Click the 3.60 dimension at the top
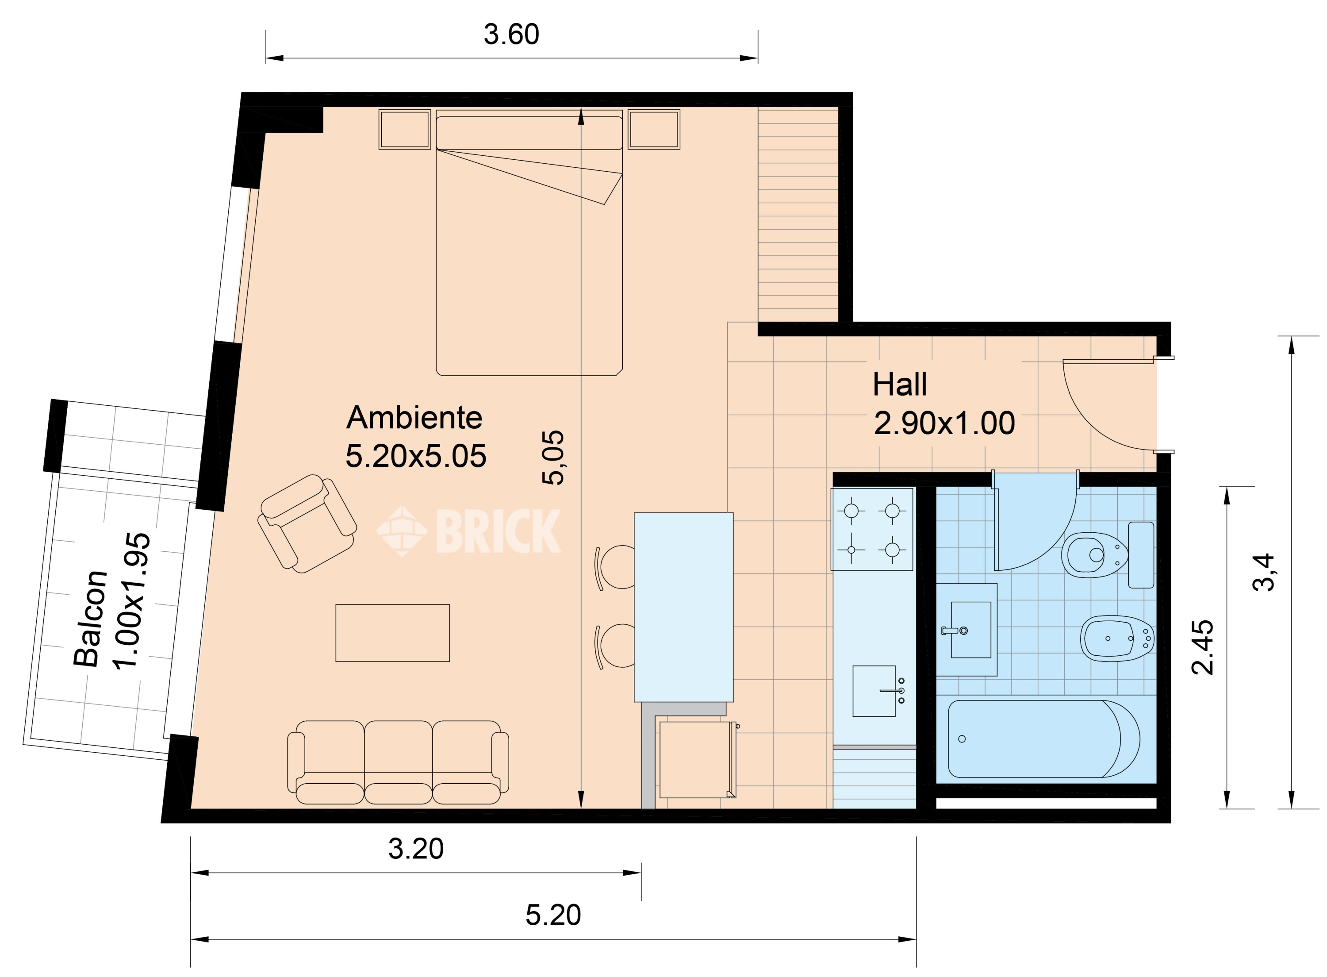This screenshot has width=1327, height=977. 511,35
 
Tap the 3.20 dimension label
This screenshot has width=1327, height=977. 415,849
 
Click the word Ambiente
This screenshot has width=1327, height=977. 414,418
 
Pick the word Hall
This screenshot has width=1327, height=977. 900,385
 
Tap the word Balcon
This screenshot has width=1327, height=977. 90,618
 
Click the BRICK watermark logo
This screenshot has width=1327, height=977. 469,531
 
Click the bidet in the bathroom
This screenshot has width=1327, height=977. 1117,638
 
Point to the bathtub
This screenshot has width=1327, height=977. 1044,739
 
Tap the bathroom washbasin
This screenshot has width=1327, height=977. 966,629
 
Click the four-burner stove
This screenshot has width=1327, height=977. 872,529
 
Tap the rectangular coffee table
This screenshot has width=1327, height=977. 392,632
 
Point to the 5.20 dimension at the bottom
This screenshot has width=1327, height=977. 553,915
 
